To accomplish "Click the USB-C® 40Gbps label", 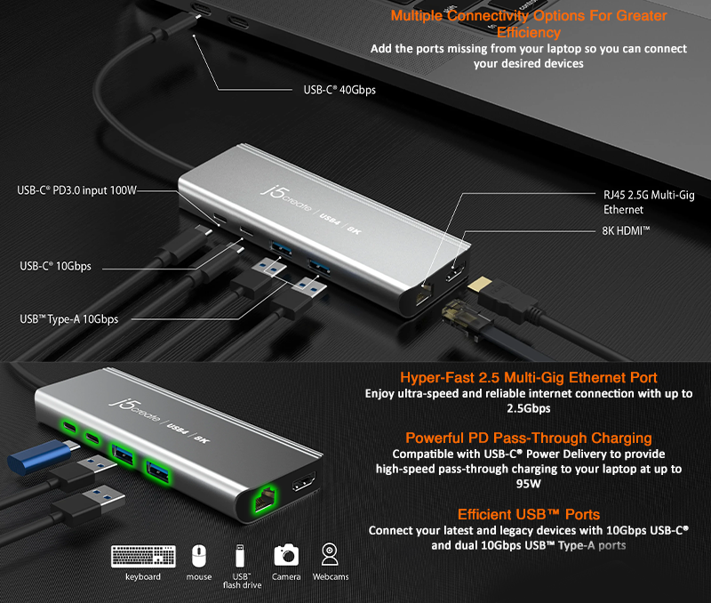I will click(333, 89).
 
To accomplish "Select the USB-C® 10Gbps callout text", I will click(56, 266).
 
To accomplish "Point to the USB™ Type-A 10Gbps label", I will click(68, 318).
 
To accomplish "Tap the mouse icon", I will click(199, 556).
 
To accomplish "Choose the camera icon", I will click(286, 555).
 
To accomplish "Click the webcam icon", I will click(330, 554).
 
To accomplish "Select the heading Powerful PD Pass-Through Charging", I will click(529, 438).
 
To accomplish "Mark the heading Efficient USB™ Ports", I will click(529, 514).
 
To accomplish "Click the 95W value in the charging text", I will click(529, 484).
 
